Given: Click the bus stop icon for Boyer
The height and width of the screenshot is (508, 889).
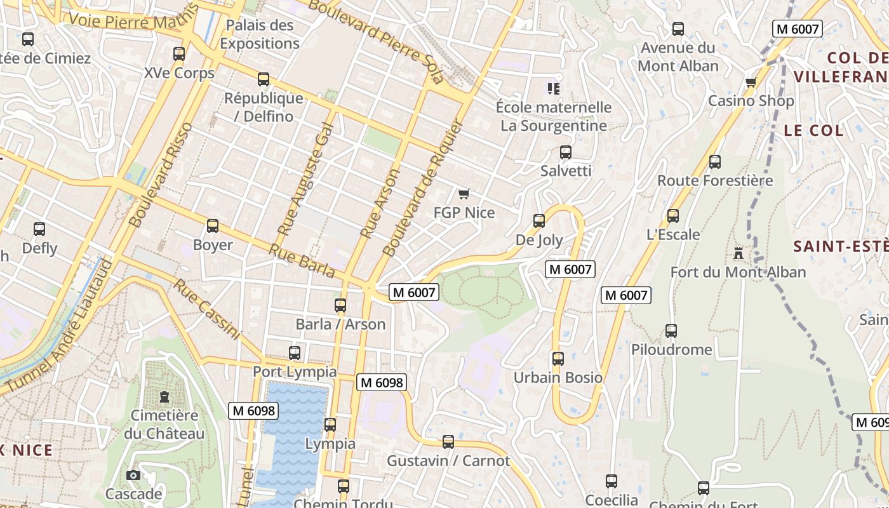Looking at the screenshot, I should pyautogui.click(x=213, y=226).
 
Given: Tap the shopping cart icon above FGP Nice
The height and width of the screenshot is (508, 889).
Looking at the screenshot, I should pyautogui.click(x=464, y=194).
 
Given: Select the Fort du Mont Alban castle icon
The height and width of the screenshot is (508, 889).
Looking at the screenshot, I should pyautogui.click(x=738, y=253).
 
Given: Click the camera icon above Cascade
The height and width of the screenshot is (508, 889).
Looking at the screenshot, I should pyautogui.click(x=133, y=475).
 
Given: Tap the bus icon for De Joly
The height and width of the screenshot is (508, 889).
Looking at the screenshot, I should pyautogui.click(x=539, y=221).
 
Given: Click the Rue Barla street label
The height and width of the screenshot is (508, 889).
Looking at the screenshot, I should pyautogui.click(x=302, y=261).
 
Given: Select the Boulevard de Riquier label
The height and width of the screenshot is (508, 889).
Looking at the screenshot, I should pyautogui.click(x=421, y=187).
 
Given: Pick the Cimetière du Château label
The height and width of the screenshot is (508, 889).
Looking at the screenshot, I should pyautogui.click(x=164, y=424).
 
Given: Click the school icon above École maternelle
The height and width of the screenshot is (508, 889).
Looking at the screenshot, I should pyautogui.click(x=554, y=88).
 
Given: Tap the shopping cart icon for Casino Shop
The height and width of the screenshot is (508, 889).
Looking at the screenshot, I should pyautogui.click(x=751, y=82).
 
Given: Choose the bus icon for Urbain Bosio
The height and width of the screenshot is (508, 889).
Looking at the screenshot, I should pyautogui.click(x=558, y=359).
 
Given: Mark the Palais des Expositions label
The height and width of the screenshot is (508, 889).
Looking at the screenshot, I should pyautogui.click(x=260, y=34).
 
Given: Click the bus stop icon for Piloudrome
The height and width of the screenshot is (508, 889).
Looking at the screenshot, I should pyautogui.click(x=671, y=331).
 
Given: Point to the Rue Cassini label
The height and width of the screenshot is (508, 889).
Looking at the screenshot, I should pyautogui.click(x=207, y=309).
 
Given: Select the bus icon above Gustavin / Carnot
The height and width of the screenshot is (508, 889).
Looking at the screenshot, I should pyautogui.click(x=448, y=442).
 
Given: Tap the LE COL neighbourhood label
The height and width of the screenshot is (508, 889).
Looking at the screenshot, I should pyautogui.click(x=813, y=131).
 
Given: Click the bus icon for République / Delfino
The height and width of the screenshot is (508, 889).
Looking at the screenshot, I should pyautogui.click(x=264, y=79).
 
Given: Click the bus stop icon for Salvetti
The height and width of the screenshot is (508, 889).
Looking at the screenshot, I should pyautogui.click(x=566, y=152).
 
